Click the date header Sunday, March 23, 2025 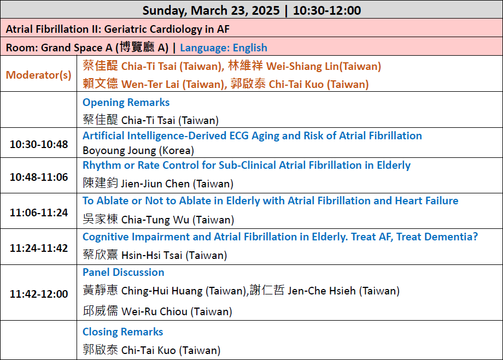click(211, 10)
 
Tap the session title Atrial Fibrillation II click(52, 29)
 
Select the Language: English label click(224, 48)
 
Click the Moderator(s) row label click(38, 75)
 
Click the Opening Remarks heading click(126, 102)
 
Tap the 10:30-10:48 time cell click(39, 144)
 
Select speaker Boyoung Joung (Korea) click(138, 151)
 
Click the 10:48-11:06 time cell click(39, 177)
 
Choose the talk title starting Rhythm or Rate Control click(247, 165)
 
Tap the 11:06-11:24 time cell click(39, 213)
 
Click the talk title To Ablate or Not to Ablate click(271, 200)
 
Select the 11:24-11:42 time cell click(39, 248)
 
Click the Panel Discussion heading click(124, 272)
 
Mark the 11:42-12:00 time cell click(39, 294)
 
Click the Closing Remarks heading click(123, 332)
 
